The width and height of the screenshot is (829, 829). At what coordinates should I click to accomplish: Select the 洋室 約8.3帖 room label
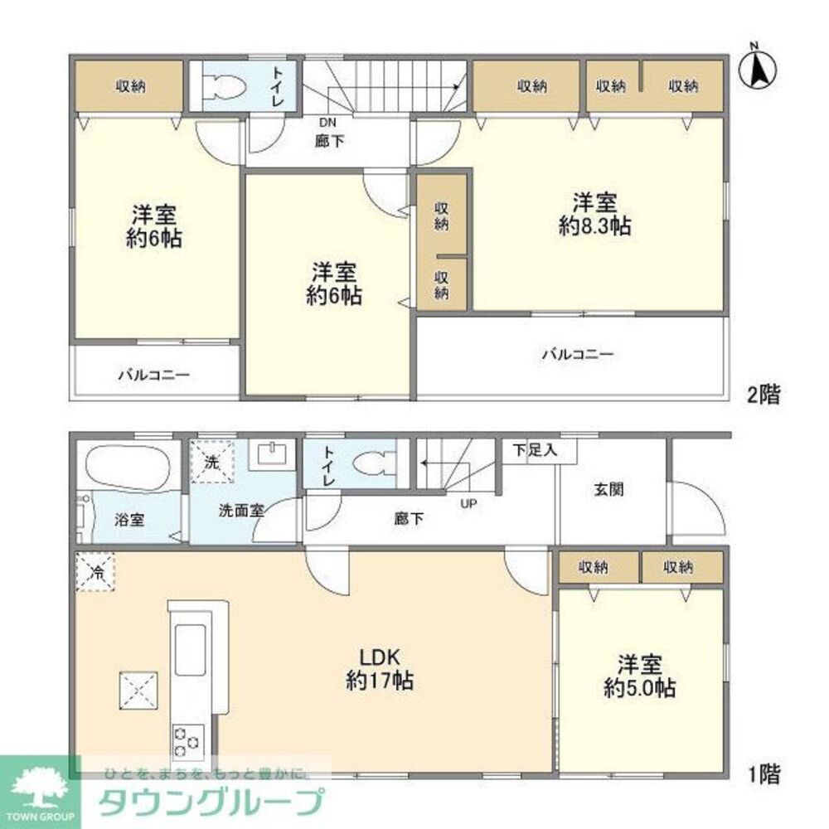[594, 215]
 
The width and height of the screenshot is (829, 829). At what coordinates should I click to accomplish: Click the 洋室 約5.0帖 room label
[639, 676]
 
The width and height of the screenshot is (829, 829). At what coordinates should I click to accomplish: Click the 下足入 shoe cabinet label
[532, 451]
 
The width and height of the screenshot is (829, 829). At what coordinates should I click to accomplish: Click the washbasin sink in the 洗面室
[273, 454]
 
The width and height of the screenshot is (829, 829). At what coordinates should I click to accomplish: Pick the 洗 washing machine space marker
[212, 462]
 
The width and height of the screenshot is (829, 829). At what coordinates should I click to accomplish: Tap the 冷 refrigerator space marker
[96, 571]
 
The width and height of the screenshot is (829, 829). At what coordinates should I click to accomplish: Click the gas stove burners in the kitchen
[187, 740]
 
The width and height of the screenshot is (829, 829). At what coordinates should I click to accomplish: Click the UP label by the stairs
[468, 502]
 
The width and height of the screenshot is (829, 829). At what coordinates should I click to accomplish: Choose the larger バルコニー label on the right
[578, 355]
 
